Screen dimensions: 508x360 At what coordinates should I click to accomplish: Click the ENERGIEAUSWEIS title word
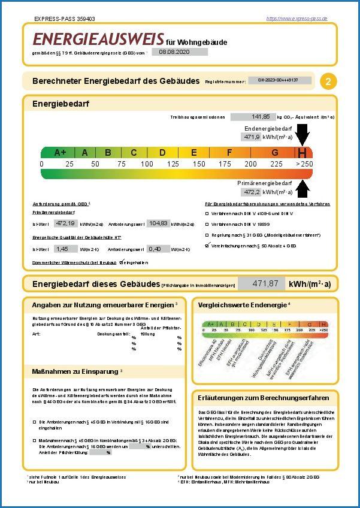[x=98, y=39]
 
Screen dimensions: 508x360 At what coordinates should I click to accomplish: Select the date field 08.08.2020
[x=179, y=52]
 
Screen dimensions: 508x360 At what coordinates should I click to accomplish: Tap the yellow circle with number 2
[x=328, y=81]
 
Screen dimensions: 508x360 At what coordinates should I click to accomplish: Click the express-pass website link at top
[x=297, y=19]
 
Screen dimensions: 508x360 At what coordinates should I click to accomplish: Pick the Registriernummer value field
[x=280, y=80]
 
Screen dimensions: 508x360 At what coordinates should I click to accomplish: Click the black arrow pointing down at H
[x=303, y=134]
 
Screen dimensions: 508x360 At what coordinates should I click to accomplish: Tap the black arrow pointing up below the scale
[x=303, y=188]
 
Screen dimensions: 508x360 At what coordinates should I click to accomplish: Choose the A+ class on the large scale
[x=60, y=152]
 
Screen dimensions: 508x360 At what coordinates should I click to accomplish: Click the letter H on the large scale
[x=303, y=153]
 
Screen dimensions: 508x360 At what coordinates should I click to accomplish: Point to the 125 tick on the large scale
[x=173, y=164]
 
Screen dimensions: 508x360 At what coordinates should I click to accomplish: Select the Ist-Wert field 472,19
[x=65, y=223]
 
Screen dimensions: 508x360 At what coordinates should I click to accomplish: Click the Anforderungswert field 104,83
[x=158, y=223]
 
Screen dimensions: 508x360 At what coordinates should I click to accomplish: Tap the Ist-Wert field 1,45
[x=62, y=249]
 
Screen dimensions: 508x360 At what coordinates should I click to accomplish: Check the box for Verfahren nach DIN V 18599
[x=207, y=223]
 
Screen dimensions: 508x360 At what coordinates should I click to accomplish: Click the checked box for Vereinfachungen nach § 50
[x=207, y=245]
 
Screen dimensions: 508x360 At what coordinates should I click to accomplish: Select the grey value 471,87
[x=261, y=283]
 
